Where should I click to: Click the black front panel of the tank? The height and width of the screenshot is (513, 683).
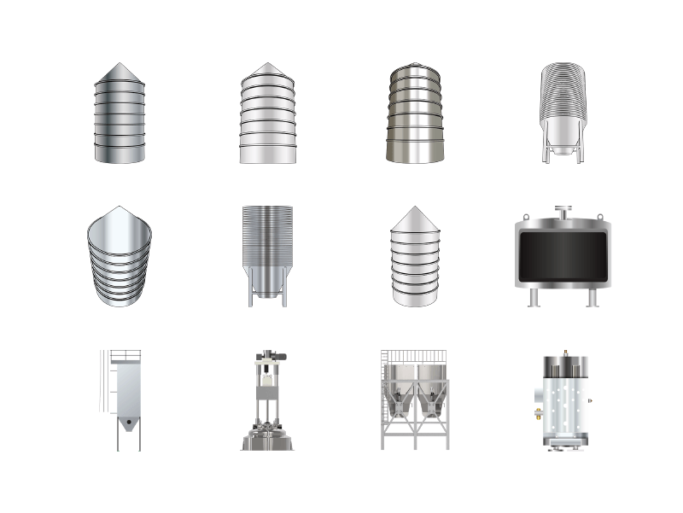(561, 259)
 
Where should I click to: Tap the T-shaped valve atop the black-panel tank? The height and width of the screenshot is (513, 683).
(561, 210)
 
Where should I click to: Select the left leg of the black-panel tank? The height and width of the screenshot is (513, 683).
(533, 297)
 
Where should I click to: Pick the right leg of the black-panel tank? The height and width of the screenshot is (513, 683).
(589, 297)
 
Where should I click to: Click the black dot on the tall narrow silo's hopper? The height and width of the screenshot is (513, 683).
(129, 423)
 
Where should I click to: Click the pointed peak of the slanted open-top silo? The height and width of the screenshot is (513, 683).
(120, 207)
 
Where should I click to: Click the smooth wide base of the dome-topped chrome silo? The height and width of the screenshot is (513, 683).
(415, 150)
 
